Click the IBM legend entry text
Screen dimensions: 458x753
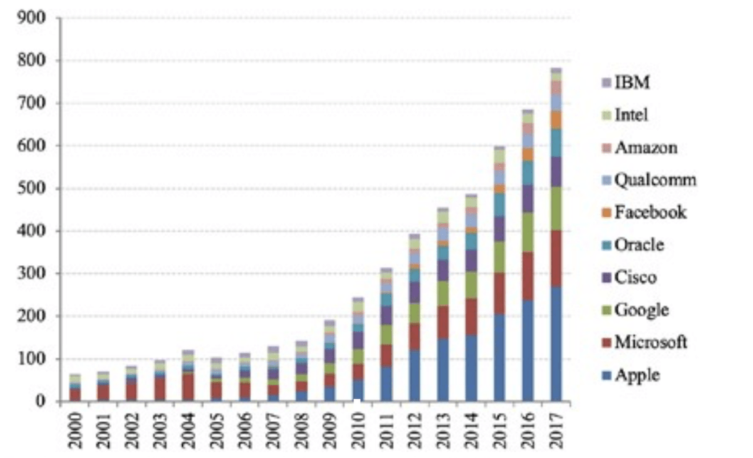point(632,82)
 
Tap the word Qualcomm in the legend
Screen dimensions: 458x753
point(655,180)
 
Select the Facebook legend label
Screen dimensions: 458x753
point(650,212)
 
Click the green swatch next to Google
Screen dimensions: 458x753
point(606,311)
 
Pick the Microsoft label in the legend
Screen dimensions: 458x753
point(651,342)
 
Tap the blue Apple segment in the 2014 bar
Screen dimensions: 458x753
point(472,368)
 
